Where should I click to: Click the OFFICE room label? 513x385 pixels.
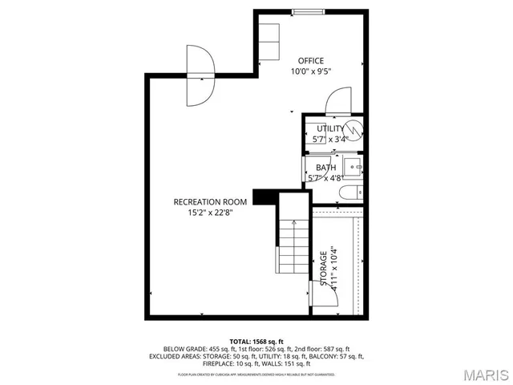(311, 60)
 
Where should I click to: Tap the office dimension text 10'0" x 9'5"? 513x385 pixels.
(311, 71)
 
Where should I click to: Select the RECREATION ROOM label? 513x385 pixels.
(210, 202)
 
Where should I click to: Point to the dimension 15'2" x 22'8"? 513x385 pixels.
(210, 213)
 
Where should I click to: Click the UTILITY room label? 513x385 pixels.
(330, 128)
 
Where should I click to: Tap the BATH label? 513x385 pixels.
(325, 168)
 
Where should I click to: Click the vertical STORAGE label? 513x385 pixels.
(324, 269)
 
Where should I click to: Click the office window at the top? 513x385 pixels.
(303, 11)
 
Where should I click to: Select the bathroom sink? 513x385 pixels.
(357, 169)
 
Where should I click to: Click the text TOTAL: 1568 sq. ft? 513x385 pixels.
(256, 341)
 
